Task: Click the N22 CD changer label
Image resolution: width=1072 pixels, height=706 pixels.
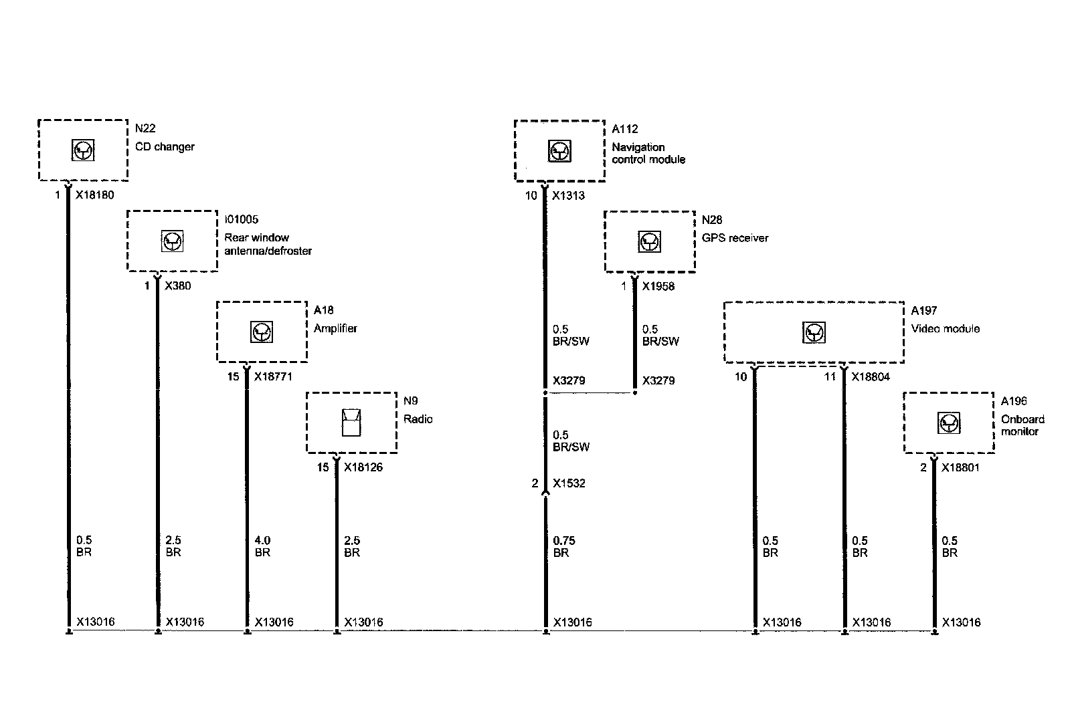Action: point(165,140)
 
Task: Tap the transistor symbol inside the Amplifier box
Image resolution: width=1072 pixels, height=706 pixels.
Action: point(262,332)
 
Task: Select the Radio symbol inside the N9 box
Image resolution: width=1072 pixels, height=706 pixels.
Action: point(351,423)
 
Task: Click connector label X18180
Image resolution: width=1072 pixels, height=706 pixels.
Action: point(95,195)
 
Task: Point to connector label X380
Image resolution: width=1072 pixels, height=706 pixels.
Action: point(177,286)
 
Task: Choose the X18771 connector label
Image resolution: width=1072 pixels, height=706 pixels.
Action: point(273,377)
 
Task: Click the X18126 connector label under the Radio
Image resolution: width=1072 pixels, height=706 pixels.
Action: point(363,467)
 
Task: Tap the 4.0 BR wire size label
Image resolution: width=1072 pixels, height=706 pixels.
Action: point(262,546)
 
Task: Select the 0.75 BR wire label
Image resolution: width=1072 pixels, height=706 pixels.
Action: point(563,546)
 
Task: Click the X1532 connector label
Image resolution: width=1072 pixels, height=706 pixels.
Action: point(568,483)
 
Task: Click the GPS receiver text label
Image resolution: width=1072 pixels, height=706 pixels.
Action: point(735,238)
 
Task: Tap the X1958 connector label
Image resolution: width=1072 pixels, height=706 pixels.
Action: point(658,287)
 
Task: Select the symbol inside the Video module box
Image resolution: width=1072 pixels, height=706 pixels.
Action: point(814,332)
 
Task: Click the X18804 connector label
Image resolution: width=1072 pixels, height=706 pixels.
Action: point(870,377)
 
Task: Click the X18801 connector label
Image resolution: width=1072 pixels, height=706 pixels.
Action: point(960,468)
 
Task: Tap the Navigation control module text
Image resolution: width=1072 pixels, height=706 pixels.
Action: point(648,153)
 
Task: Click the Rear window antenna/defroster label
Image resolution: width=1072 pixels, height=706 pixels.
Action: point(268,244)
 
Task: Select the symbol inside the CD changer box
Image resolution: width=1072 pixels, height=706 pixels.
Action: point(83,150)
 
